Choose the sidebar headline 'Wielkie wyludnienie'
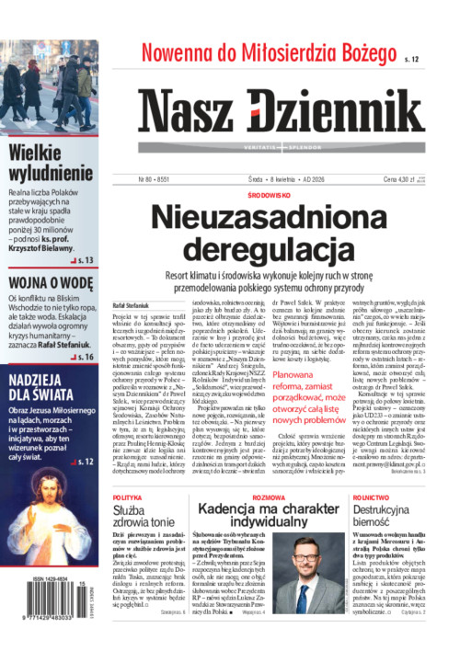pyautogui.click(x=50, y=161)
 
